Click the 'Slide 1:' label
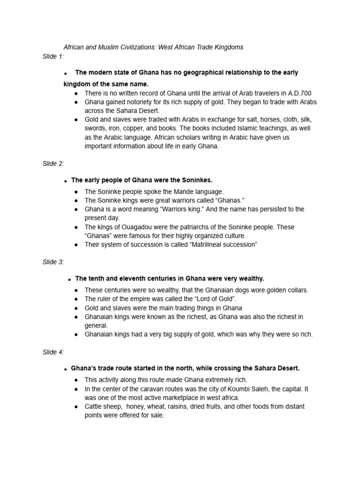(x=53, y=57)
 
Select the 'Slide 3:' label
(x=53, y=262)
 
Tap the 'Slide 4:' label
(x=53, y=352)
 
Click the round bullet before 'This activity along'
(x=76, y=380)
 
